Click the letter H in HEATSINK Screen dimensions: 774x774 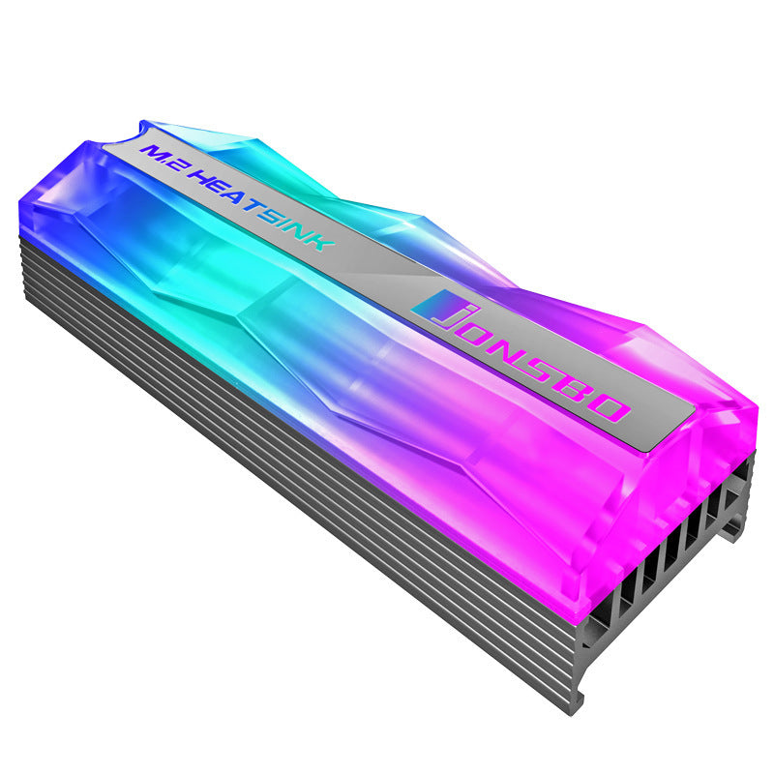click(205, 178)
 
